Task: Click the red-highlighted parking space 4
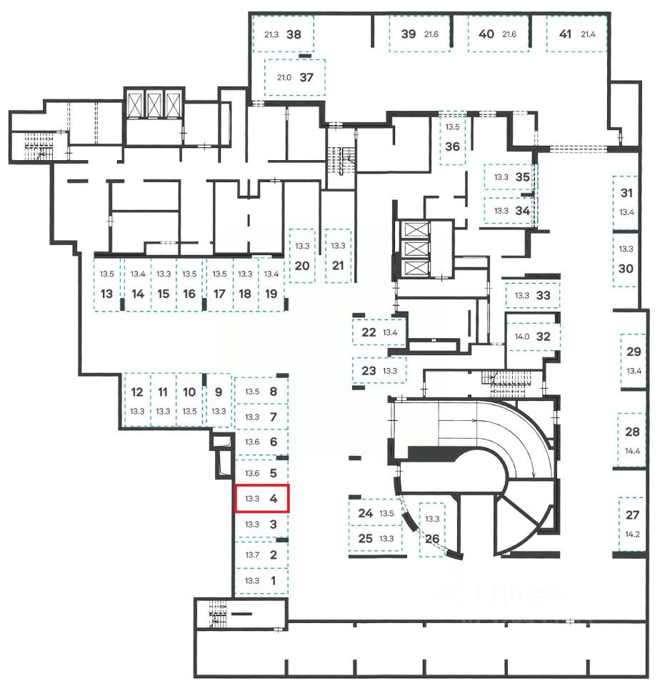(x=261, y=498)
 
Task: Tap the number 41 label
(x=566, y=34)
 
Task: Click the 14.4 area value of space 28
(x=632, y=451)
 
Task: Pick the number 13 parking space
(x=107, y=284)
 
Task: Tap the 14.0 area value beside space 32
(x=519, y=337)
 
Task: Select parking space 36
(x=452, y=138)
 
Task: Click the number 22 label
(x=369, y=332)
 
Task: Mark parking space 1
(x=261, y=580)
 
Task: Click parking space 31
(x=626, y=202)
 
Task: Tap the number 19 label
(x=271, y=294)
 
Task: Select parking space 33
(x=533, y=295)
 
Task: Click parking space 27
(x=632, y=524)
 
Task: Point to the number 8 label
(x=273, y=391)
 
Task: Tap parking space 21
(x=338, y=256)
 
